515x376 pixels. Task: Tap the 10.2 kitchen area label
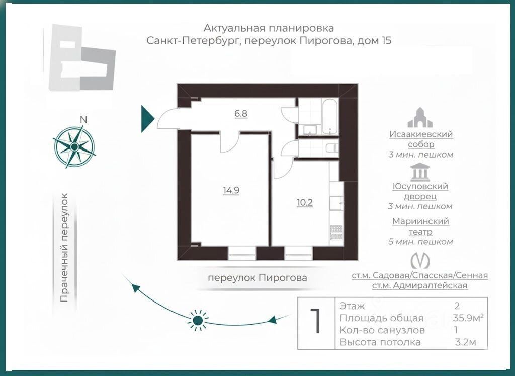[x=305, y=203]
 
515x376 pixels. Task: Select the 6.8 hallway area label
[x=241, y=113]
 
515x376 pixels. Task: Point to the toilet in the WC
[x=332, y=148]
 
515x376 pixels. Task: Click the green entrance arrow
[x=147, y=119]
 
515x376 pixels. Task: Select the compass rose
[x=74, y=146]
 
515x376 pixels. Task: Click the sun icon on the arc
[x=198, y=320]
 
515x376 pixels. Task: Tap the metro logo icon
[x=420, y=260]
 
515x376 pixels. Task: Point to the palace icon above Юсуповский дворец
[x=420, y=172]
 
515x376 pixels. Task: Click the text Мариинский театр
[x=420, y=227]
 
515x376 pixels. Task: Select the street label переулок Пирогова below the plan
[x=257, y=277]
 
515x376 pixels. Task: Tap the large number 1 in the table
[x=316, y=323]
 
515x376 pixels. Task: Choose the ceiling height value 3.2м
[x=465, y=343]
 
